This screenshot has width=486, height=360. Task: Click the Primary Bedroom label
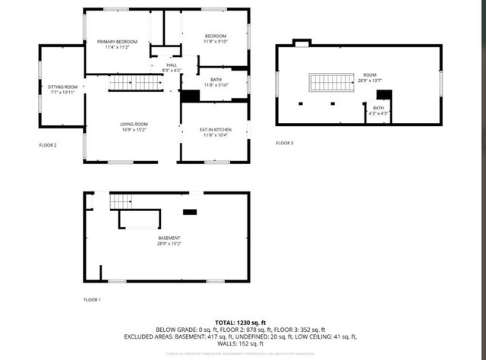[116, 41]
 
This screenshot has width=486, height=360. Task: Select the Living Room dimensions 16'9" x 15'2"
[134, 129]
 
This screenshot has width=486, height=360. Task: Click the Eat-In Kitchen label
[216, 130]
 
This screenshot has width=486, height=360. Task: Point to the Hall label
[172, 65]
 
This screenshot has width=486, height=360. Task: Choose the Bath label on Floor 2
[216, 80]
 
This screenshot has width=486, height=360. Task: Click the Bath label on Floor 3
[377, 109]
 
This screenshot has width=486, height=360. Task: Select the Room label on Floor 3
[370, 74]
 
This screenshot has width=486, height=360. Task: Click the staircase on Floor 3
[332, 82]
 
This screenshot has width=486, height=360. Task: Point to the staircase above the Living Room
[135, 83]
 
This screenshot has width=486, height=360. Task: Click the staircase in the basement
[121, 201]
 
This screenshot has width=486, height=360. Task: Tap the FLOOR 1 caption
[92, 300]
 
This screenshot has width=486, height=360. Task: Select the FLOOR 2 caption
[48, 144]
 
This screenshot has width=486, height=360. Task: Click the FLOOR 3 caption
[284, 143]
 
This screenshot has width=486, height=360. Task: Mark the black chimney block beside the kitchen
[190, 96]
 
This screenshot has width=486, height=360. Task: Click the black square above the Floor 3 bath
[384, 94]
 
